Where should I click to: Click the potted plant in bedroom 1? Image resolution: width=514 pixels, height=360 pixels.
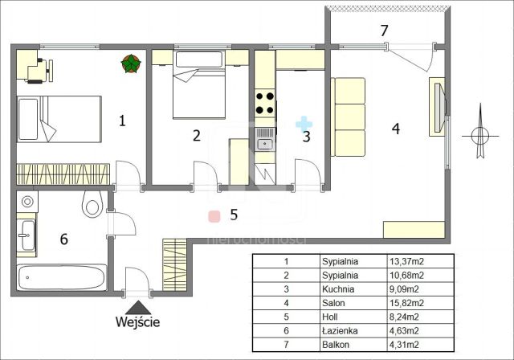[131, 63]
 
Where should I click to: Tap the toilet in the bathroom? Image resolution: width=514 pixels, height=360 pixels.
[92, 204]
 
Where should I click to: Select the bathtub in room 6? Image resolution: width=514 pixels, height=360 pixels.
[62, 277]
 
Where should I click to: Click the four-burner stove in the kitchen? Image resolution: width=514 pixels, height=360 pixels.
[265, 103]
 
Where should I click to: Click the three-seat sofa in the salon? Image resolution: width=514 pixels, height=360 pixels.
[348, 117]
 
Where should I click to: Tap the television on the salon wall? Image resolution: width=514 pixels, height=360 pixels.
[439, 107]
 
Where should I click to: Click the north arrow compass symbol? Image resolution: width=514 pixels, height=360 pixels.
[480, 135]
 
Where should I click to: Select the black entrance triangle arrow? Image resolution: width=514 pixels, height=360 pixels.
[138, 308]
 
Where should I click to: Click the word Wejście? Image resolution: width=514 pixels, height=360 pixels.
[137, 321]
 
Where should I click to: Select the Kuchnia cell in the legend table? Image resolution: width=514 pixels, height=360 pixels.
[338, 289]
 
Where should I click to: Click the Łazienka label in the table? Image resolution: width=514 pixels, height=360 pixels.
[340, 330]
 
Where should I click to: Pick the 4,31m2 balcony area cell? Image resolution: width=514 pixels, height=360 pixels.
[404, 345]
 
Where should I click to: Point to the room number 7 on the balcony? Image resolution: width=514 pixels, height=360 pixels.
[384, 31]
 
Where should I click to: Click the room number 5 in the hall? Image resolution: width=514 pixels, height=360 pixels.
[234, 215]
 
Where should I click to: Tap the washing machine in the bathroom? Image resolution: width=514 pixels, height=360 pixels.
[27, 202]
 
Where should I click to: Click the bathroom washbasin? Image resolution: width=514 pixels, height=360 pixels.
[27, 235]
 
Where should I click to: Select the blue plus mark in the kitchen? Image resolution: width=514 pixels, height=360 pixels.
[304, 125]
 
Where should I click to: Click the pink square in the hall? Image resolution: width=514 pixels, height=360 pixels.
[214, 216]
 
